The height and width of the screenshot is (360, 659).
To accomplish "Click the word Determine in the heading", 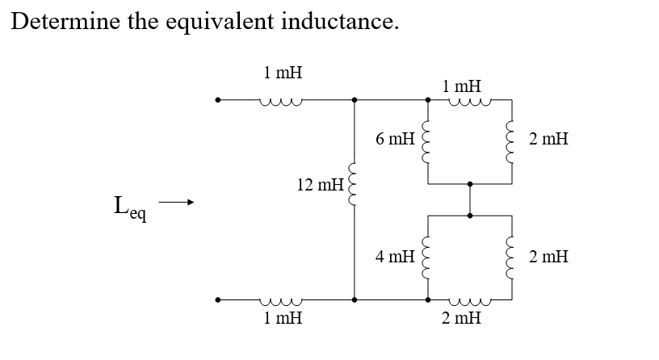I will coord(64,22).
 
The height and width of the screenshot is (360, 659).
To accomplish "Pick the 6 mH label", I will coord(395,139).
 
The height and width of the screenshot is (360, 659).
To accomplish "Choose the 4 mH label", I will coord(395,257).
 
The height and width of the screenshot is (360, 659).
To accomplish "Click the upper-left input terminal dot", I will coord(216,101).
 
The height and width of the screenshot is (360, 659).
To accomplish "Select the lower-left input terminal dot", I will coord(216,300).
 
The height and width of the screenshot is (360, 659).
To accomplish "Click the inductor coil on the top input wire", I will coord(281,103).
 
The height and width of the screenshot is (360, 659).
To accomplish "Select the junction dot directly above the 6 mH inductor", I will coord(428,101).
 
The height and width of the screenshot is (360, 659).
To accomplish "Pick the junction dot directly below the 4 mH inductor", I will coord(428,300).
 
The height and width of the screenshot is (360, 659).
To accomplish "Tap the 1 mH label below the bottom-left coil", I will coord(283,318).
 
